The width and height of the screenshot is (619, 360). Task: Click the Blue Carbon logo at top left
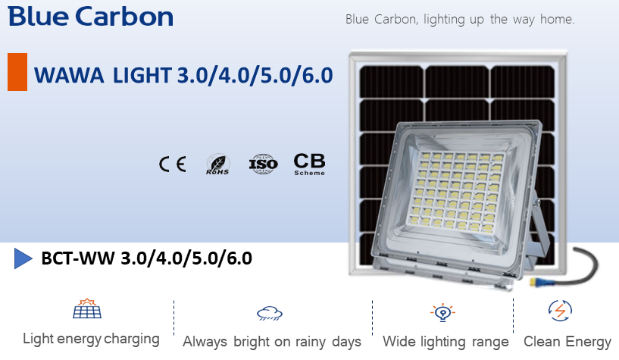coord(90,17)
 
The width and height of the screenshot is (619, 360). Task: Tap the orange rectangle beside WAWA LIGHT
coord(17,72)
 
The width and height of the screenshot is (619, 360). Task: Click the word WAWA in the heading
coord(69,75)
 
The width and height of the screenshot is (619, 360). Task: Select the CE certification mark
coord(173,164)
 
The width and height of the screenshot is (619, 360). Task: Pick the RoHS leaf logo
coord(217,164)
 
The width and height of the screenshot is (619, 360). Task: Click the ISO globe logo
coord(264,164)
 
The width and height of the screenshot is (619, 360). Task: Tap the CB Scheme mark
coord(309,164)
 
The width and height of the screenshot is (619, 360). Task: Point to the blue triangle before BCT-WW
coord(23,258)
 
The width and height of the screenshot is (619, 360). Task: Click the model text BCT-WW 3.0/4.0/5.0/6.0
coord(146,258)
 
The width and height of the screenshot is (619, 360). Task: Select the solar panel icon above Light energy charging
coord(87,308)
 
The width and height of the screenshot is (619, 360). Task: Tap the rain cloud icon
coord(270,313)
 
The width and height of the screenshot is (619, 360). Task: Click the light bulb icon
coord(442,312)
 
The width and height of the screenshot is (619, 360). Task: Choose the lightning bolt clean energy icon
coord(560,311)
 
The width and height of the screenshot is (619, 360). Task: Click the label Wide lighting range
coord(445,342)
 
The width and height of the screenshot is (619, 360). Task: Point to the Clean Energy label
coord(567,342)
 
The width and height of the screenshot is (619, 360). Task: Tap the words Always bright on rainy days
coord(272,342)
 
